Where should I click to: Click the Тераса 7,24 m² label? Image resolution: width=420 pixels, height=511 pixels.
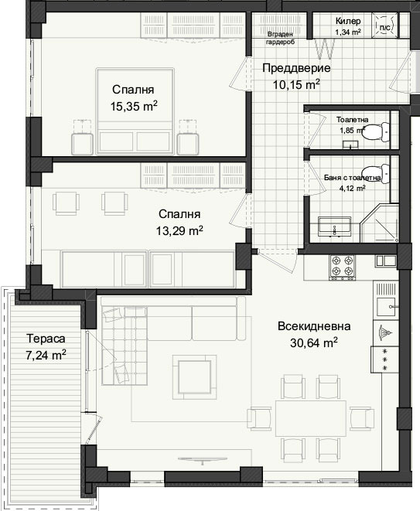pyautogui.click(x=46, y=347)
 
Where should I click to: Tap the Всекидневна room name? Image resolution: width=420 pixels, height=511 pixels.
pyautogui.click(x=314, y=326)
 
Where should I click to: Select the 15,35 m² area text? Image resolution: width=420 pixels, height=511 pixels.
pyautogui.click(x=134, y=106)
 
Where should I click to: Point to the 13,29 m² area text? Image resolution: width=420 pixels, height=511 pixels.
pyautogui.click(x=179, y=230)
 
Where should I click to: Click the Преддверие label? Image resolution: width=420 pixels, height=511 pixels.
pyautogui.click(x=296, y=69)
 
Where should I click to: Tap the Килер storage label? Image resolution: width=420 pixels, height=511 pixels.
pyautogui.click(x=348, y=21)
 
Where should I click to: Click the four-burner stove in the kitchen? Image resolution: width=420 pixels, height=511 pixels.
pyautogui.click(x=343, y=267)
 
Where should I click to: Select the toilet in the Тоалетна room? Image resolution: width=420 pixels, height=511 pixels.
pyautogui.click(x=378, y=132)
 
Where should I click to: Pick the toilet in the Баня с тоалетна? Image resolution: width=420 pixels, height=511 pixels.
pyautogui.click(x=378, y=173)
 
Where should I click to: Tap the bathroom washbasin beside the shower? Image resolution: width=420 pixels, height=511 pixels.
pyautogui.click(x=335, y=227)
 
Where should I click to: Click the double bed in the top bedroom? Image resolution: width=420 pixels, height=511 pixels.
pyautogui.click(x=135, y=111)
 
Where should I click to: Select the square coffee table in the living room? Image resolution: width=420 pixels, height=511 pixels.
pyautogui.click(x=194, y=377)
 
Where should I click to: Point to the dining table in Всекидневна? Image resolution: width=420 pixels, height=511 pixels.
pyautogui.click(x=311, y=418)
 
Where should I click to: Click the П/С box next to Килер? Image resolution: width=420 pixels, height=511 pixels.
pyautogui.click(x=385, y=26)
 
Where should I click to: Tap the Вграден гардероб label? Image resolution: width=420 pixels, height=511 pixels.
pyautogui.click(x=280, y=38)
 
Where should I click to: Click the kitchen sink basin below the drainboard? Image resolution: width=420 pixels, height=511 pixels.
pyautogui.click(x=387, y=308)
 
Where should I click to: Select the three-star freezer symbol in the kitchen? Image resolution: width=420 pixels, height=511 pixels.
pyautogui.click(x=384, y=359)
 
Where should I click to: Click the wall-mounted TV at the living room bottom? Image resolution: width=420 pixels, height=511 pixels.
pyautogui.click(x=203, y=459)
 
